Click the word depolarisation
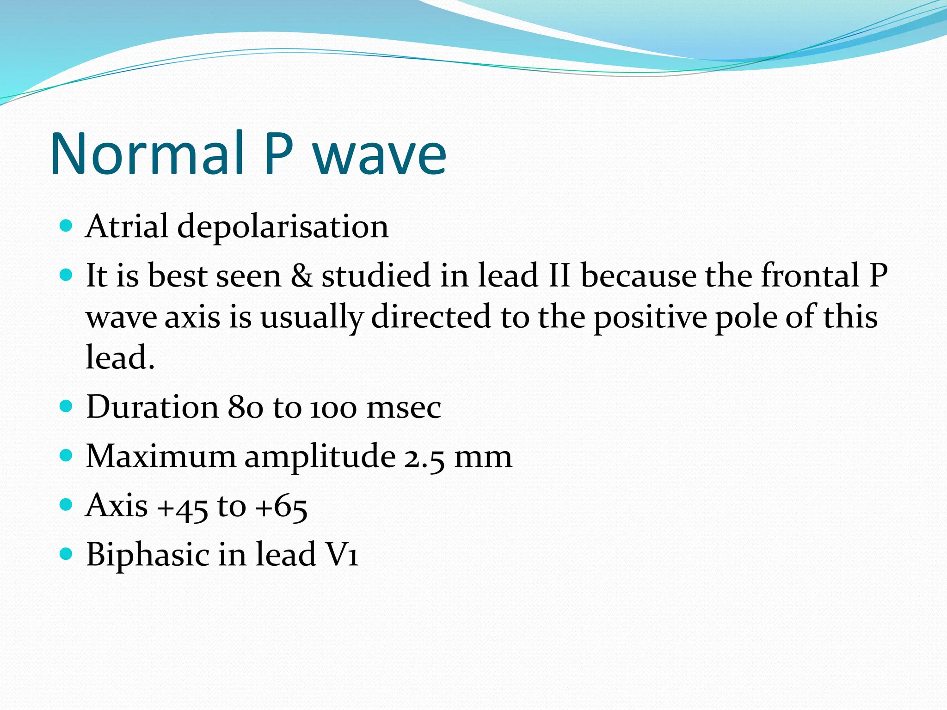click(283, 227)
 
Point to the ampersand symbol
click(301, 275)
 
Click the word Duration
click(152, 407)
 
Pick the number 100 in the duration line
click(333, 408)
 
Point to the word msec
click(404, 408)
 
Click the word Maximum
click(161, 456)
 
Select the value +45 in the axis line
click(183, 507)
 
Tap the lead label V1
click(342, 555)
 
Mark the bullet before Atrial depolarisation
click(67, 226)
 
